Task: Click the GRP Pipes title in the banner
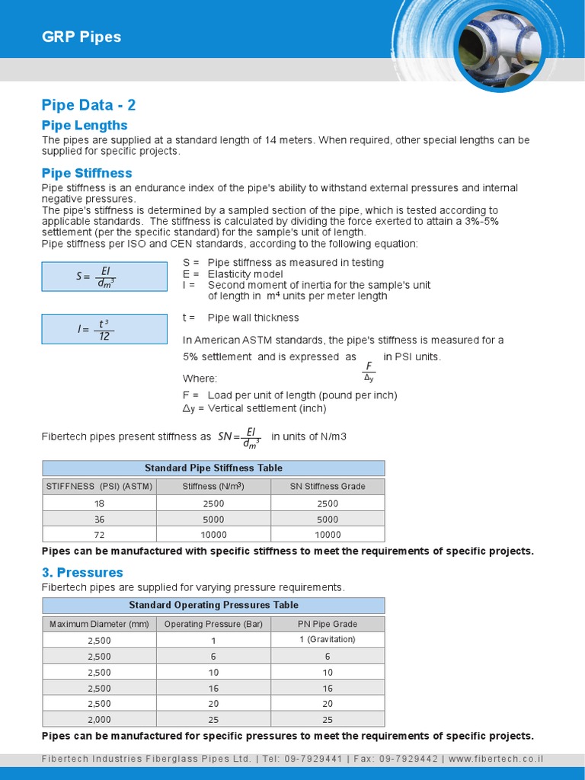(81, 37)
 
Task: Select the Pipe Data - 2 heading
(88, 105)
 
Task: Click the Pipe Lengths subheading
(85, 125)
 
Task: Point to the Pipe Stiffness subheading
(87, 173)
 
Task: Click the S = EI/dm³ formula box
(104, 277)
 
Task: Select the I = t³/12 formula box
(104, 329)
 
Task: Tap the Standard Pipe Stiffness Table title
(213, 468)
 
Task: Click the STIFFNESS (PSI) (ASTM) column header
(99, 486)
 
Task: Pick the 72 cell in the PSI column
(99, 535)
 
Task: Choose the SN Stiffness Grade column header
(328, 486)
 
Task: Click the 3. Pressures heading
(82, 572)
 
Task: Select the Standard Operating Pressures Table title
(213, 605)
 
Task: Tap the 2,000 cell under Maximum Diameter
(99, 720)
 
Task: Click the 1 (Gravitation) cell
(328, 639)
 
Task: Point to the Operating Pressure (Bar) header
(213, 624)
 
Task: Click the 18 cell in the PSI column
(99, 503)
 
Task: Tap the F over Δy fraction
(369, 372)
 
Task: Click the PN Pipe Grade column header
(328, 624)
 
